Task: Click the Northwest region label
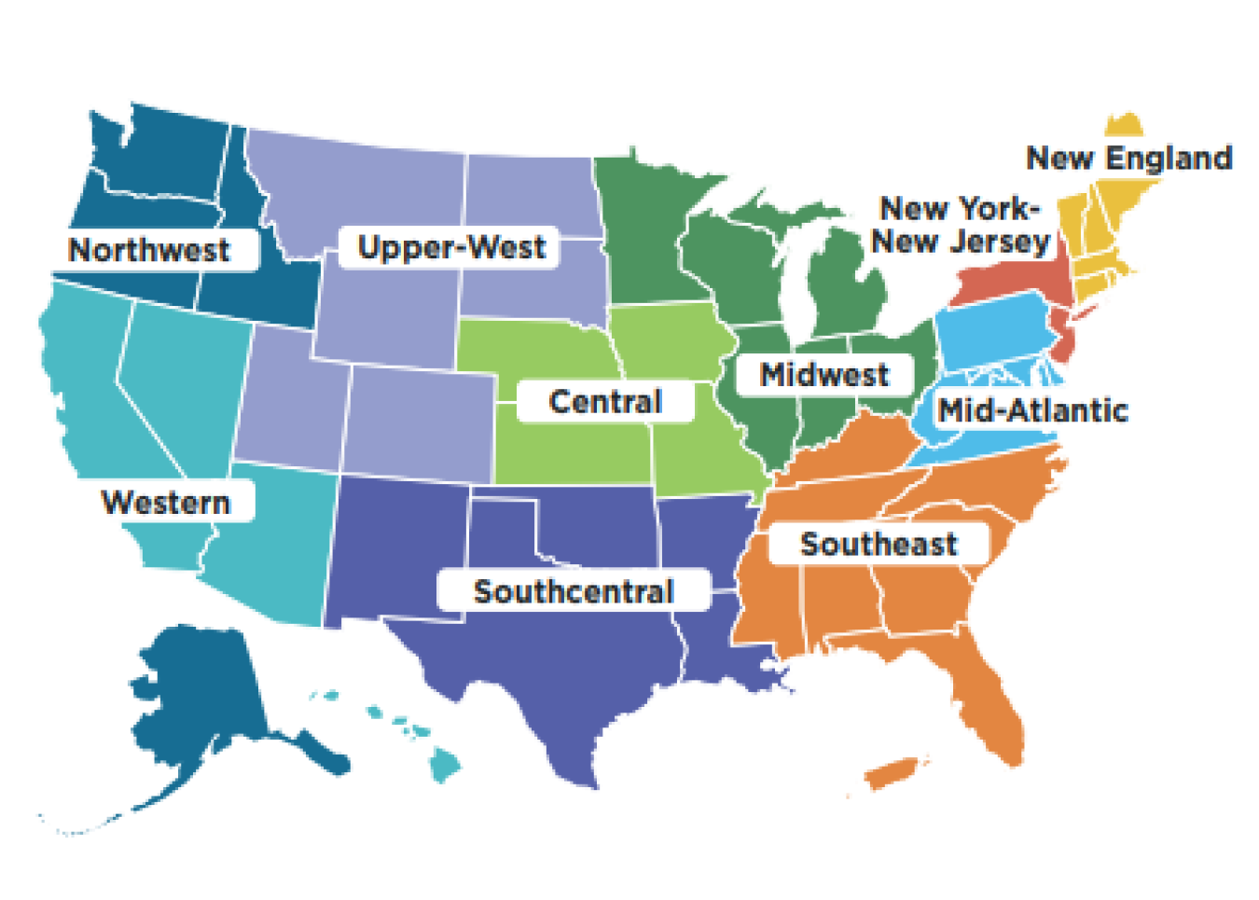click(149, 250)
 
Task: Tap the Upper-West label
click(451, 247)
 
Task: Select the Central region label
click(605, 402)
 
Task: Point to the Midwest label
click(824, 375)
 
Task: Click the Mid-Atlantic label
click(1032, 410)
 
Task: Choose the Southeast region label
click(879, 544)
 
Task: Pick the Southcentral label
click(574, 591)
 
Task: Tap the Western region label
click(166, 503)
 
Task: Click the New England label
click(1128, 158)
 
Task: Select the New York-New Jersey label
click(960, 225)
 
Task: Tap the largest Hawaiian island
click(445, 767)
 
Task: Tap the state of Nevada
click(177, 373)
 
